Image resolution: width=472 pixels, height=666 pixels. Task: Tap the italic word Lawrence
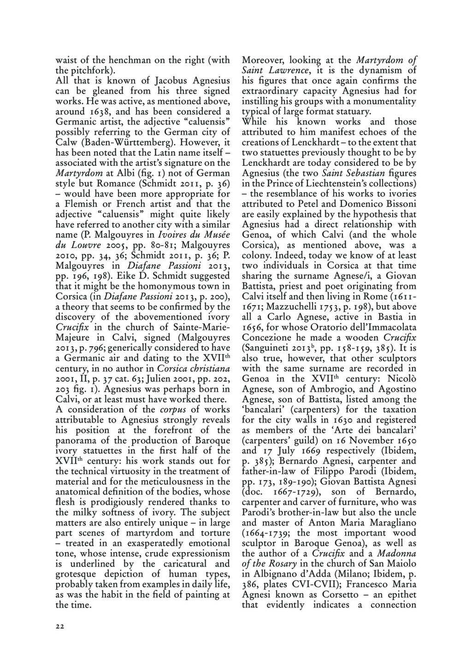click(283, 71)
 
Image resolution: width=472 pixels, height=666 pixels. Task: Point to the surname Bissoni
click(399, 204)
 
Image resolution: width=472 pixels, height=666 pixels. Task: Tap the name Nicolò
click(401, 379)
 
